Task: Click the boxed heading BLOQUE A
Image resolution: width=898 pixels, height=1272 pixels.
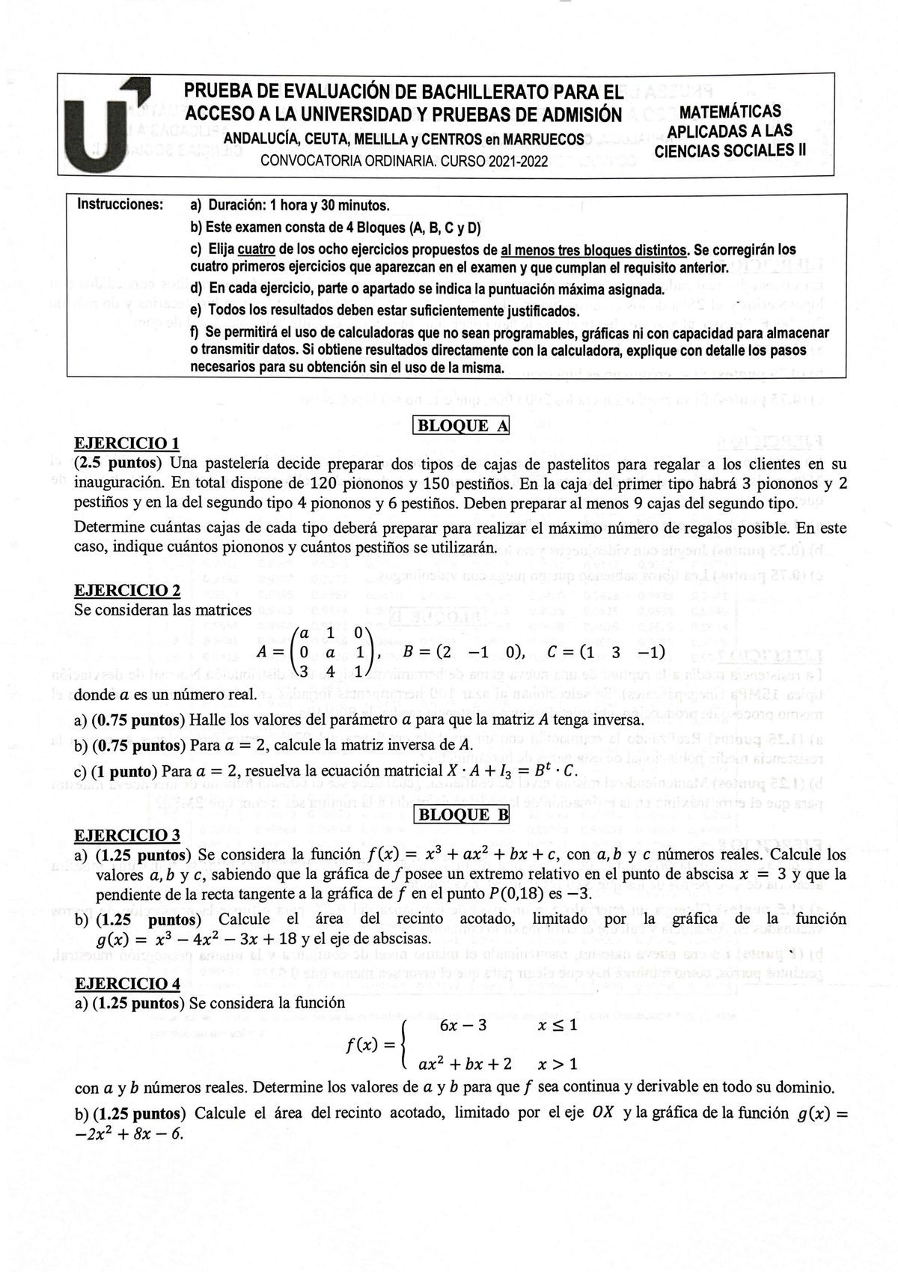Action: (461, 426)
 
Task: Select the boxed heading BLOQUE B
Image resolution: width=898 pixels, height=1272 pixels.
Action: (461, 815)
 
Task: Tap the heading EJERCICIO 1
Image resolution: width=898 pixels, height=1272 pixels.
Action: (127, 442)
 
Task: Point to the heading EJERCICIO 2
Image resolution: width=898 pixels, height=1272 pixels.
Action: (127, 590)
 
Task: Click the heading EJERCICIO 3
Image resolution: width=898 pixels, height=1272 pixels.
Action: (127, 835)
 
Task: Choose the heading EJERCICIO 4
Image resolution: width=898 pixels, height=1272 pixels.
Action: (127, 983)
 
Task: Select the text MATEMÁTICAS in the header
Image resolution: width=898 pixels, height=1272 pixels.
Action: (730, 112)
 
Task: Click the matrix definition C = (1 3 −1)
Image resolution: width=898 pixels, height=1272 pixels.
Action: (606, 651)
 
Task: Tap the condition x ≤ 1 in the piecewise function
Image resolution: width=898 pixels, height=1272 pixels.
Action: (558, 1026)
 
